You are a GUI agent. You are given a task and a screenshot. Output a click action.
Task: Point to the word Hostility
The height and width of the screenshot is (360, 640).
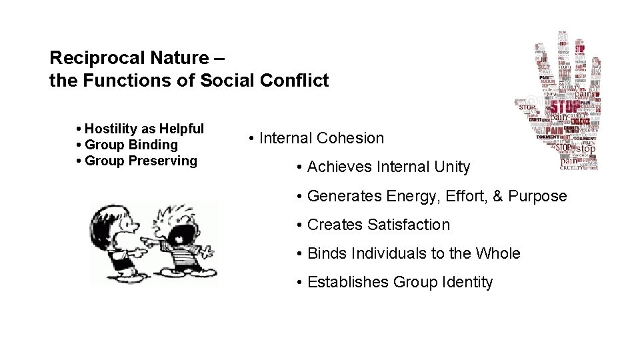111,129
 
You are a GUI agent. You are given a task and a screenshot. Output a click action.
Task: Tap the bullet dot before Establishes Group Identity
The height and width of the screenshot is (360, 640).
301,283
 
